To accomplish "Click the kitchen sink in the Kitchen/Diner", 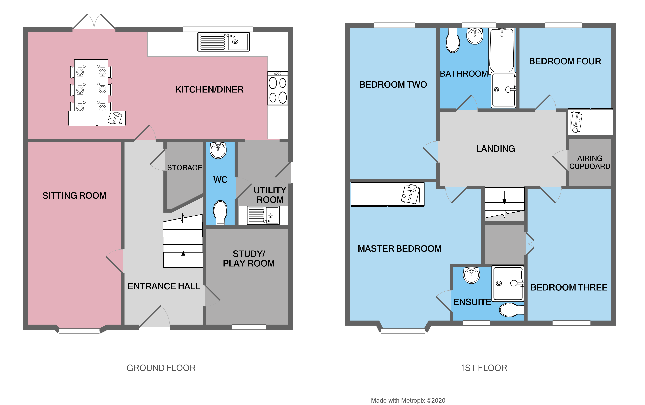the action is pyautogui.click(x=224, y=42).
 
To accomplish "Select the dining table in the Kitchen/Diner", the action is pyautogui.click(x=91, y=85).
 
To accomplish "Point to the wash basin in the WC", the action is pyautogui.click(x=218, y=150).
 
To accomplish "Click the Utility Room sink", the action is pyautogui.click(x=263, y=215).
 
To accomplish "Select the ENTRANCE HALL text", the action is pyautogui.click(x=164, y=286).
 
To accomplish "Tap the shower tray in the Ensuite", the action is pyautogui.click(x=508, y=283).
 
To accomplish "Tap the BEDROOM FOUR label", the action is pyautogui.click(x=565, y=61).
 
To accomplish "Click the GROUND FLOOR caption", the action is pyautogui.click(x=161, y=368).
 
